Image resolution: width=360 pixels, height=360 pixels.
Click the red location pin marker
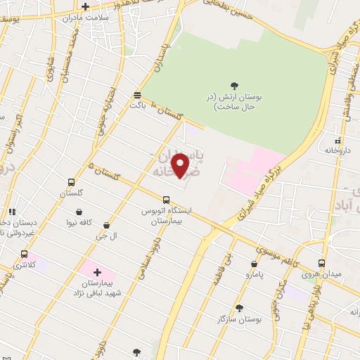(x=181, y=165)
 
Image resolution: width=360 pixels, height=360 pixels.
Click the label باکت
(x=137, y=104)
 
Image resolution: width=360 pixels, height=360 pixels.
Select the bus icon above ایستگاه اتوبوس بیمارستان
(x=166, y=199)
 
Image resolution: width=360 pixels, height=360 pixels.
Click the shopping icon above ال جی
(x=106, y=226)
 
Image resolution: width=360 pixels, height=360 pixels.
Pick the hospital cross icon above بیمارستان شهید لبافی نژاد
(x=97, y=271)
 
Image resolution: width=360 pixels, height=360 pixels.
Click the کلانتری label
(x=25, y=265)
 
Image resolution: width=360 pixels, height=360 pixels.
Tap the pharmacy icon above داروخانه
(x=338, y=140)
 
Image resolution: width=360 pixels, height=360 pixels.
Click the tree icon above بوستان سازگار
(x=239, y=307)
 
